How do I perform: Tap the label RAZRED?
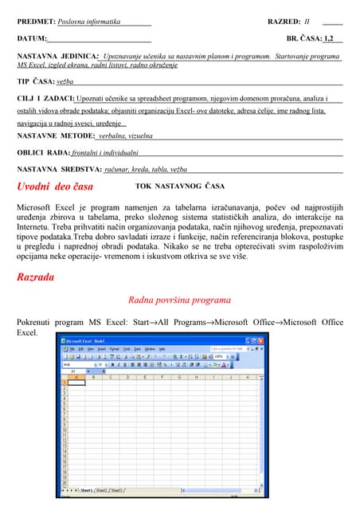coord(284,22)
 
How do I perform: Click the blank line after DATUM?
coord(99,38)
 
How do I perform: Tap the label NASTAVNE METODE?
coord(55,135)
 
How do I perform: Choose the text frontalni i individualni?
coord(105,151)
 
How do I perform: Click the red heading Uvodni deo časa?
coord(55,186)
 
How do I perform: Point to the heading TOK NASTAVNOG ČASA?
coord(180,186)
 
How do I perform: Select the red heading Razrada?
coord(36,277)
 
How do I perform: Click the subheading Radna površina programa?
coord(179,300)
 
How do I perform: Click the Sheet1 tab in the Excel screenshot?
coord(87,490)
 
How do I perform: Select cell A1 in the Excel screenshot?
coord(76,381)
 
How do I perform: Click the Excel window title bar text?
coord(89,339)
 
